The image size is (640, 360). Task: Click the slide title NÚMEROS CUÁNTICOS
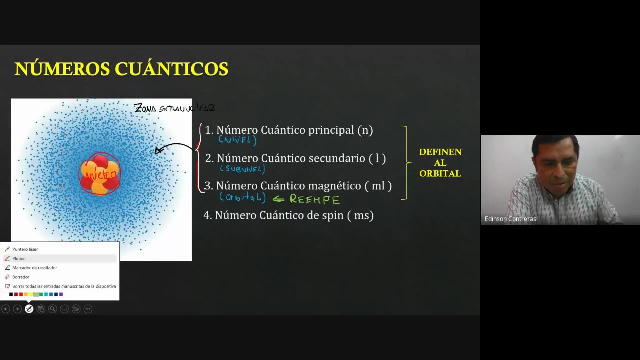[x=121, y=69]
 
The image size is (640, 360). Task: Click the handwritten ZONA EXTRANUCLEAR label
[x=174, y=108]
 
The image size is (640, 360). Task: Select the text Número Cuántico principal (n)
[x=294, y=130]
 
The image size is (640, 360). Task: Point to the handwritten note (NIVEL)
[x=237, y=140]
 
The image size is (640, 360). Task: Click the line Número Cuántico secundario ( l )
[x=301, y=158]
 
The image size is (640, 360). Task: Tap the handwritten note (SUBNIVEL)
[x=242, y=169]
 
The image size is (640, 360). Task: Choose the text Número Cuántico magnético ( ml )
[x=304, y=186]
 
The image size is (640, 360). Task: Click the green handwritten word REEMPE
[x=314, y=199]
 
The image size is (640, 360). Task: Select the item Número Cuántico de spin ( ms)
[x=294, y=215]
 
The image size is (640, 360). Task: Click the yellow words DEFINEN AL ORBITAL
[x=440, y=163]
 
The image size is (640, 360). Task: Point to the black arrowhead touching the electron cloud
[x=158, y=150]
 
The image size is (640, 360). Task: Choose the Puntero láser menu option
[x=25, y=249]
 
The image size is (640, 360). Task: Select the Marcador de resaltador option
[x=34, y=268]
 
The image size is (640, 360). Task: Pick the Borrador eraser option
[x=21, y=277]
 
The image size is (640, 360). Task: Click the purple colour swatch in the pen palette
[x=61, y=294]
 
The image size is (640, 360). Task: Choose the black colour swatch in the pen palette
[x=11, y=294]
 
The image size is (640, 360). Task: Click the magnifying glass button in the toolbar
[x=52, y=309]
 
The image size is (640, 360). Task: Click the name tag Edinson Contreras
[x=510, y=219]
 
